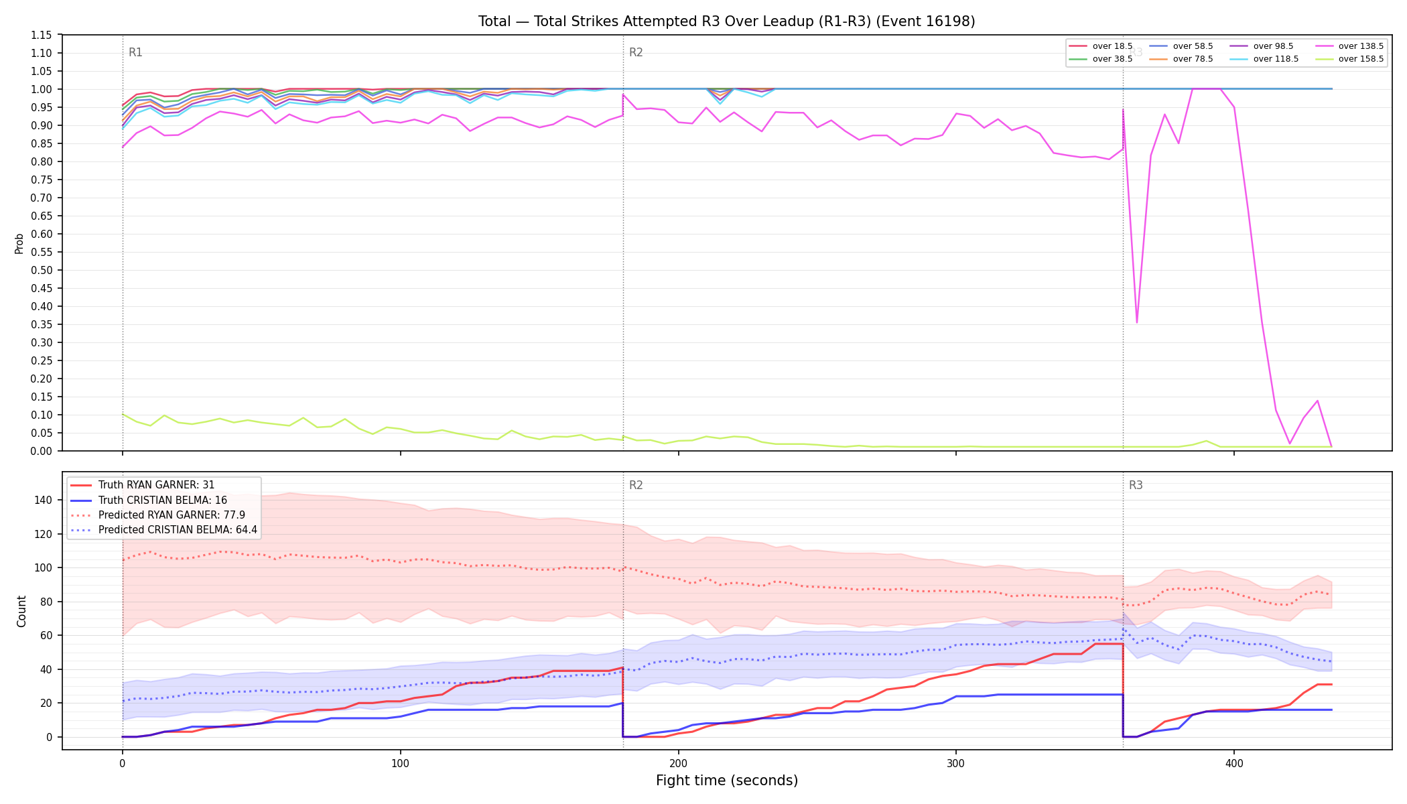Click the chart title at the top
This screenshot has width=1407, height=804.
click(726, 21)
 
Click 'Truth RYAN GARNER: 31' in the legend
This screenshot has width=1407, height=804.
click(156, 485)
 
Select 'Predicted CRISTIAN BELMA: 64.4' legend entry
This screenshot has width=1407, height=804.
click(178, 530)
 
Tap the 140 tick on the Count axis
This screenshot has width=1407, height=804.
click(45, 500)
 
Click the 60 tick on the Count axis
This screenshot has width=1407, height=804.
click(48, 635)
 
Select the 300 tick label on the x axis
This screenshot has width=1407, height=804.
click(956, 764)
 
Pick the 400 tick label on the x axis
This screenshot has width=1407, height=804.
click(1234, 764)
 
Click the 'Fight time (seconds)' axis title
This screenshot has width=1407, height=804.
click(727, 781)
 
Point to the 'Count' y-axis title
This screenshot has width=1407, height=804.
click(21, 611)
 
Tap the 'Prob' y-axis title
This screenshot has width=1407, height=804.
click(19, 243)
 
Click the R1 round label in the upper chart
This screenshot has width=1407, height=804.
click(135, 52)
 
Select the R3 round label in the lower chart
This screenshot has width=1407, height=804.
click(1136, 485)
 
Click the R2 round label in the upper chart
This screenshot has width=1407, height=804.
click(636, 52)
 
